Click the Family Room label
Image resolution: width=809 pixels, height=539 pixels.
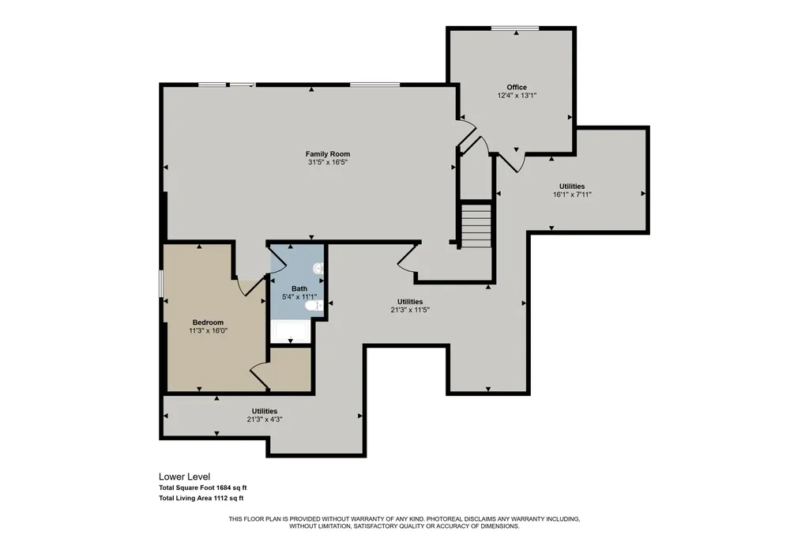click(328, 154)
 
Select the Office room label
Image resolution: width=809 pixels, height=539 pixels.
click(517, 87)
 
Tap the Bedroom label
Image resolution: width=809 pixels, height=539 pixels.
click(208, 322)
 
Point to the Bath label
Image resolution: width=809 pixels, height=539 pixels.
click(299, 288)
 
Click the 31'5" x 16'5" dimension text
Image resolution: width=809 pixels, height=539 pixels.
click(328, 162)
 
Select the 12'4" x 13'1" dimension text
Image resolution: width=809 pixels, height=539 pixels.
click(517, 96)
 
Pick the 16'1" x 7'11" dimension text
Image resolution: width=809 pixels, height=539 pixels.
click(572, 194)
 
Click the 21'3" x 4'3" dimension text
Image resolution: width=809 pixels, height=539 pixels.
click(264, 419)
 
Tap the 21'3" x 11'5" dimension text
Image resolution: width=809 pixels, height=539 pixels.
click(410, 310)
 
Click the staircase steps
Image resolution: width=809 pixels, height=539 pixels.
click(476, 225)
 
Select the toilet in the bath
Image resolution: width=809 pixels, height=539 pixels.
click(313, 306)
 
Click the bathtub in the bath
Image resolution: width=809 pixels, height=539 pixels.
click(291, 331)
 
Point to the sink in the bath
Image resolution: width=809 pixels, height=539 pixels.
click(318, 268)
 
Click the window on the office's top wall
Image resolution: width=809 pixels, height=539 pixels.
click(515, 28)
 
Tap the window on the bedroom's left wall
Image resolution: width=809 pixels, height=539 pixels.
click(160, 285)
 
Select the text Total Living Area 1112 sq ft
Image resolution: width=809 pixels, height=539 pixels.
click(201, 498)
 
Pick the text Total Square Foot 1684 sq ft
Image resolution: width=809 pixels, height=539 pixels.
click(203, 488)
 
